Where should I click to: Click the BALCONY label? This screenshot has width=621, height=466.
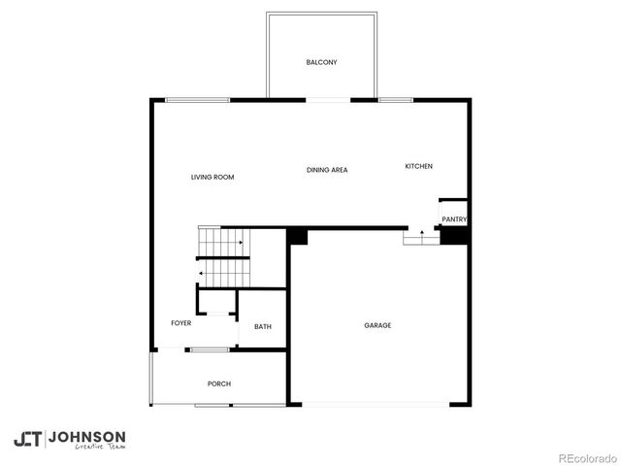(x=321, y=62)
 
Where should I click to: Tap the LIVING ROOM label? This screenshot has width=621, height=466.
(x=212, y=177)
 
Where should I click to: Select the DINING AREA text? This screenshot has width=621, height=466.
(x=327, y=170)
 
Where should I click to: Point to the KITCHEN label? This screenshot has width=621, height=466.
(x=418, y=167)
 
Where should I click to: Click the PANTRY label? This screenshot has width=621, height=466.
(x=454, y=219)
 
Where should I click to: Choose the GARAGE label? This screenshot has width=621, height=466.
(x=377, y=325)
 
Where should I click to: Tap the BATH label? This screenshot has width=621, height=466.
(x=263, y=326)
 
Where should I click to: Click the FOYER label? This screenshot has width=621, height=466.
(x=181, y=323)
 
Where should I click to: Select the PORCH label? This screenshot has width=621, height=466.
(x=219, y=383)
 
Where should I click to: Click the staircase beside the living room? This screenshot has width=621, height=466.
(x=223, y=257)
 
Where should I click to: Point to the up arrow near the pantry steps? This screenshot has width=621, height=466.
(x=421, y=233)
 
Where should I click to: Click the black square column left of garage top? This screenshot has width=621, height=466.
(x=299, y=236)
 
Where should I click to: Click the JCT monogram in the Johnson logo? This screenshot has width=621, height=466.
(x=28, y=438)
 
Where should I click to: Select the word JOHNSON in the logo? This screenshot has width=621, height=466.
(x=86, y=436)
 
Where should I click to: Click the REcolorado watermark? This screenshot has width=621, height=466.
(x=587, y=457)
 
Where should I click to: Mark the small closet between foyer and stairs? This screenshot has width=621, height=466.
(x=217, y=302)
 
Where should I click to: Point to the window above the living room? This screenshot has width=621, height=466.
(x=197, y=99)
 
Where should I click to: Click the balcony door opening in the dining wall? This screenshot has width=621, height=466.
(x=328, y=99)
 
